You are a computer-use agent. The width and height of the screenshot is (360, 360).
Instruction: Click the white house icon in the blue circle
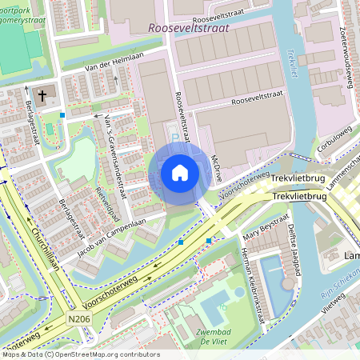pyautogui.click(x=180, y=173)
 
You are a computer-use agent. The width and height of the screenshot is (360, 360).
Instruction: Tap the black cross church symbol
pyautogui.click(x=42, y=91)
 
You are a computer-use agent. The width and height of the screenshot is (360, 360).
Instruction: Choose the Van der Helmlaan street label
pyautogui.click(x=95, y=69)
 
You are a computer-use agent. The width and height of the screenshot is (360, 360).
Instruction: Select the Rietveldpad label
pyautogui.click(x=102, y=203)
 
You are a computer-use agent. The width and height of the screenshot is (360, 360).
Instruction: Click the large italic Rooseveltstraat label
pyautogui.click(x=189, y=27)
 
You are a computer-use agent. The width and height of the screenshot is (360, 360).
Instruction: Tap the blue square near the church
pyautogui.click(x=62, y=114)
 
